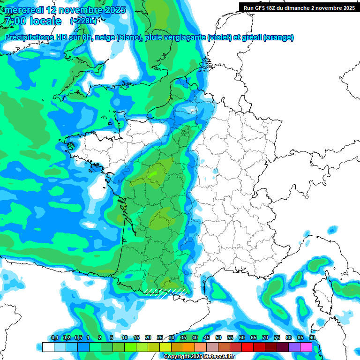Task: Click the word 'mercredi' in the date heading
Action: tap(22, 10)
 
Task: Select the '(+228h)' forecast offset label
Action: tap(83, 21)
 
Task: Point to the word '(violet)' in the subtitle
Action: tap(220, 37)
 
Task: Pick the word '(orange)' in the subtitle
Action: tap(278, 37)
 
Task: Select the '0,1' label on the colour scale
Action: tap(54, 338)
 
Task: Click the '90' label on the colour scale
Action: tap(312, 338)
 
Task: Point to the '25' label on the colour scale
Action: tap(160, 338)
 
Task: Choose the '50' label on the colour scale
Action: tap(218, 338)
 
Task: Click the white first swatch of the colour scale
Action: tap(48, 347)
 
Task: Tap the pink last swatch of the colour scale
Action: tap(306, 347)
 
